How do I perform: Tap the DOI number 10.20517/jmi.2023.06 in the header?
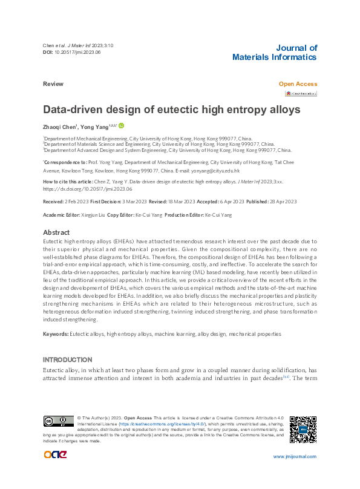(x=77, y=53)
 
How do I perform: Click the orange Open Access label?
(x=298, y=84)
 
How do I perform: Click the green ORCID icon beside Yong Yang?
(x=122, y=126)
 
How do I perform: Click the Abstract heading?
(x=56, y=232)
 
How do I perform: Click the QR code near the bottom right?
(x=303, y=429)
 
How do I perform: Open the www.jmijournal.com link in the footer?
(x=295, y=456)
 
